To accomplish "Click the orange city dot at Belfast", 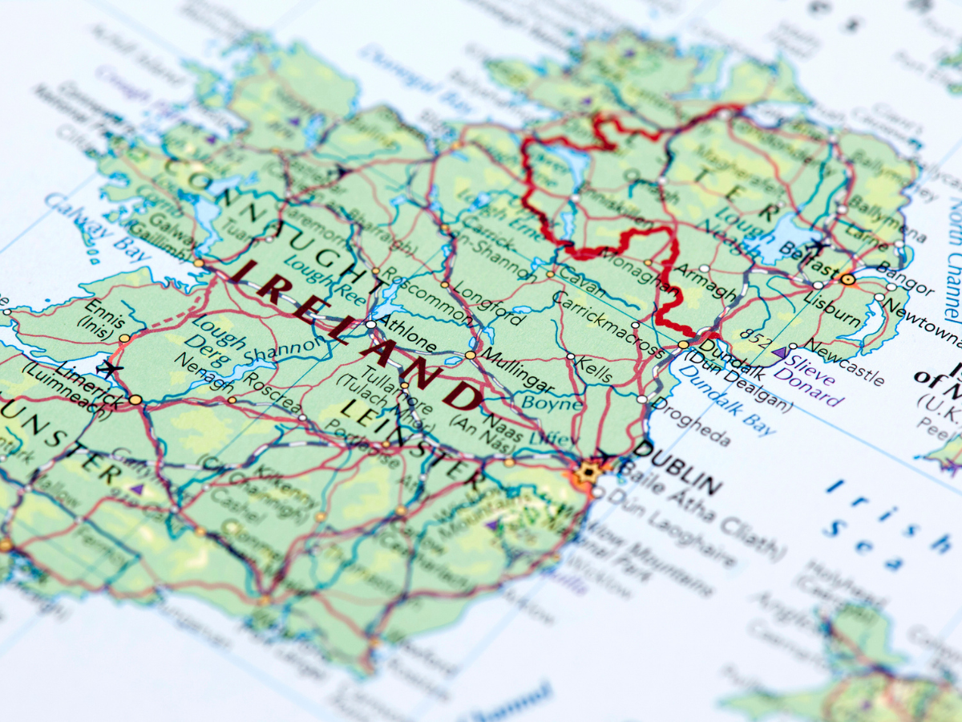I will click(848, 279).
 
